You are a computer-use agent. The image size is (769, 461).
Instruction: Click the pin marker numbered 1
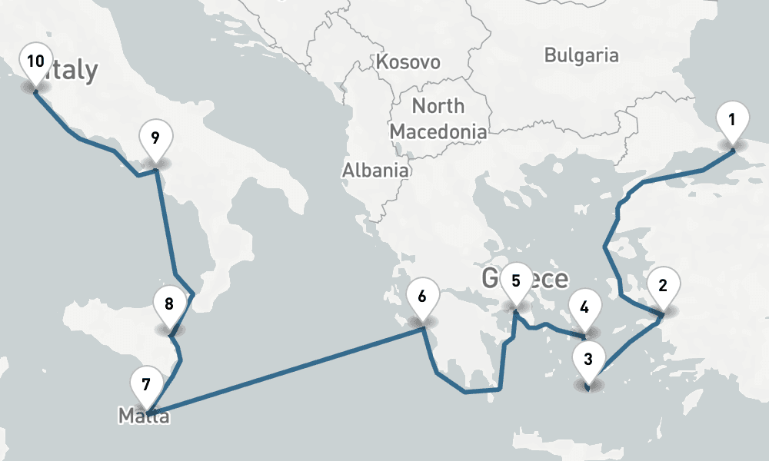732,120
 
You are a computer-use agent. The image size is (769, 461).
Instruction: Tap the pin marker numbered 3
588,360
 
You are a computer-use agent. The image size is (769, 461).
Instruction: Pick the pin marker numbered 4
584,309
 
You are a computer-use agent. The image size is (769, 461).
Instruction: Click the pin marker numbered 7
147,383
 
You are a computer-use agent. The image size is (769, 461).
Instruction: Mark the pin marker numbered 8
169,303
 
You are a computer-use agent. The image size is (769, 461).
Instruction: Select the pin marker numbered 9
155,139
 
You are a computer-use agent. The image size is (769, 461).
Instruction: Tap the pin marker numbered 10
35,62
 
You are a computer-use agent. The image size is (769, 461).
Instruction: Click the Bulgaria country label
581,55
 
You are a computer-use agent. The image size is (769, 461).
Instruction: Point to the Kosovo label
408,61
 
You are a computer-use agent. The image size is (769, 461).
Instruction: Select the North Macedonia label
438,118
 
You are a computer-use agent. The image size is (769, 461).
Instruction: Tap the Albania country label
375,170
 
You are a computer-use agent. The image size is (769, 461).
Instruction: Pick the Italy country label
73,71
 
